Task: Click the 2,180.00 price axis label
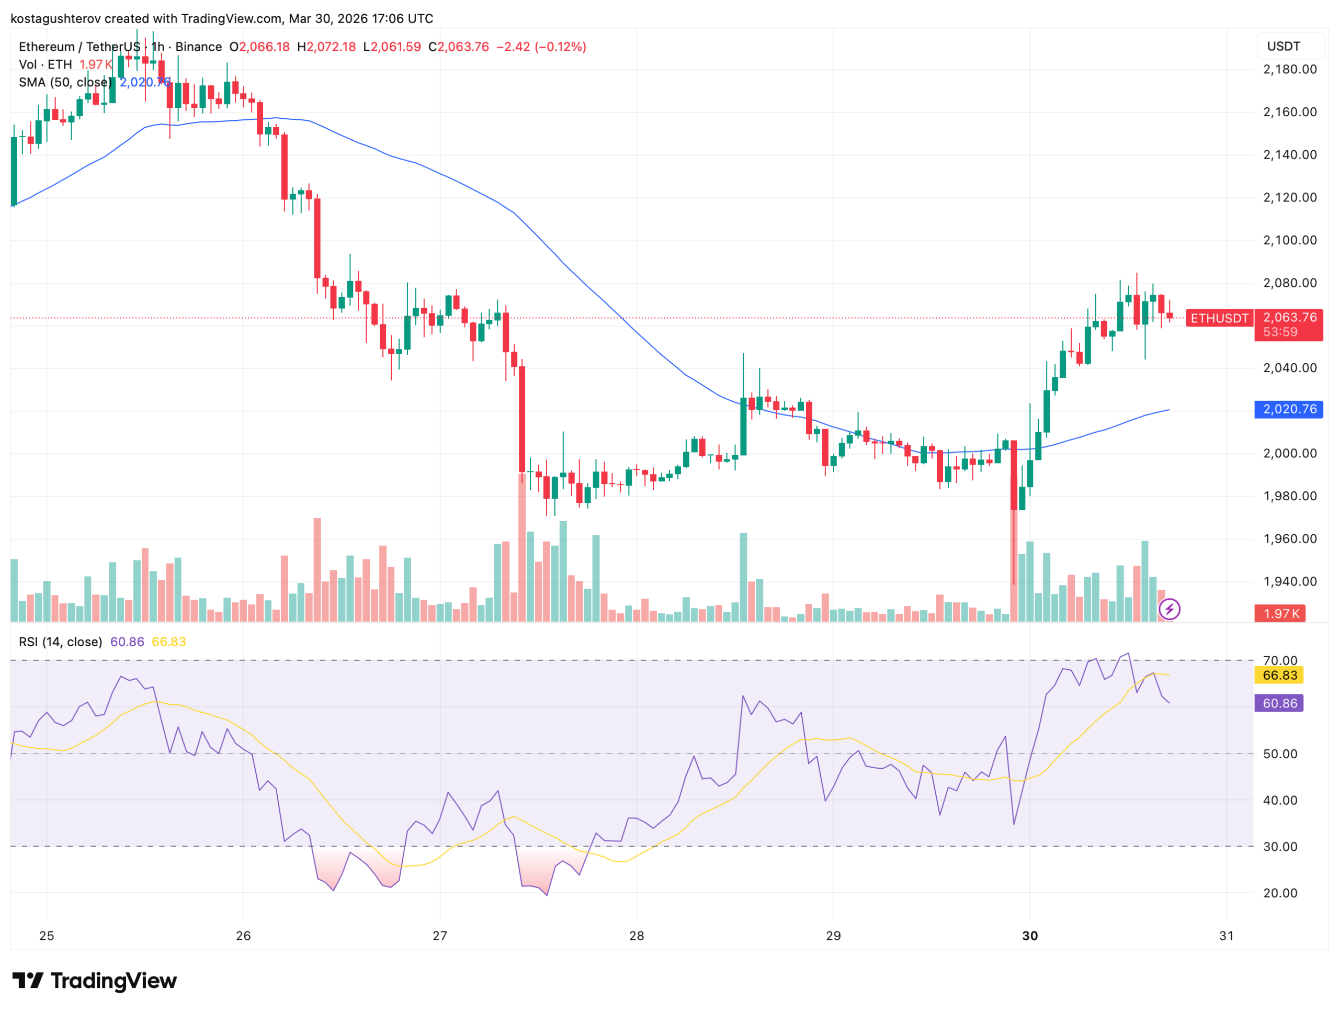coord(1289,70)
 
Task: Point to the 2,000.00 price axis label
coord(1289,454)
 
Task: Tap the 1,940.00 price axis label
coord(1289,582)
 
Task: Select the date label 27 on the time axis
coord(440,936)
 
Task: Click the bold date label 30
coord(1030,936)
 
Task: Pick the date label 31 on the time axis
coord(1227,936)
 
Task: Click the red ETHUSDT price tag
coord(1219,319)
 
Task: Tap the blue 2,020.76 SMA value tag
coord(1289,409)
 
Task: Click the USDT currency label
coord(1284,47)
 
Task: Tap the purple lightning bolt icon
coord(1170,609)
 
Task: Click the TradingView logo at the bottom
coord(95,981)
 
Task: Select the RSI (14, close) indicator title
coord(61,642)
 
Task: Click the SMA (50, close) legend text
coord(65,82)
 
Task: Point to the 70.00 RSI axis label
coord(1280,661)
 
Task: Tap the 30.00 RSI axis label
coord(1280,847)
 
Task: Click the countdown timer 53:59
coord(1280,332)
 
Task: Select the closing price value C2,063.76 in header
coord(459,47)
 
